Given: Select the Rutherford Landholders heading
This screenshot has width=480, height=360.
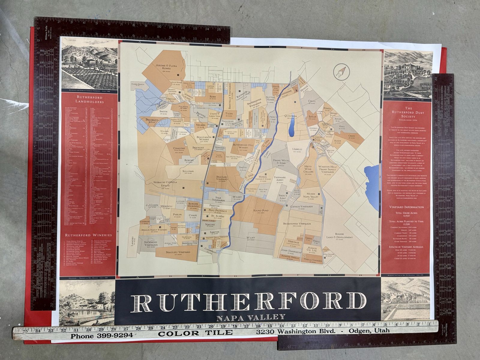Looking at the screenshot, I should point(89,100).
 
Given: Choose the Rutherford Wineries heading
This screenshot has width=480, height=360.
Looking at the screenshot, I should point(89,235).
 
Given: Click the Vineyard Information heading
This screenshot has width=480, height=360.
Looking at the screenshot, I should point(406,207).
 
